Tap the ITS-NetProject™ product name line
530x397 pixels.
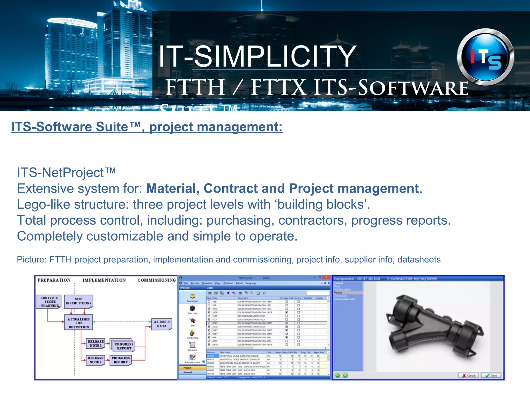point(66,173)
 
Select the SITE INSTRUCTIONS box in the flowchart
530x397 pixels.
point(78,301)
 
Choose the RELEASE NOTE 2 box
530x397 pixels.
point(95,360)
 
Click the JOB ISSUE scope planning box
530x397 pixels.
point(49,302)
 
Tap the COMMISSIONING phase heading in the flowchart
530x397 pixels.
point(157,280)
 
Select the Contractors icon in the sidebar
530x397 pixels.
point(192,334)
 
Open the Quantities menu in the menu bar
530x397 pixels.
point(207,283)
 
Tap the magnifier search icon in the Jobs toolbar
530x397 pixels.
point(264,293)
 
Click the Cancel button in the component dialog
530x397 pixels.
point(468,375)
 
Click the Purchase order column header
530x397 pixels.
point(286,298)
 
